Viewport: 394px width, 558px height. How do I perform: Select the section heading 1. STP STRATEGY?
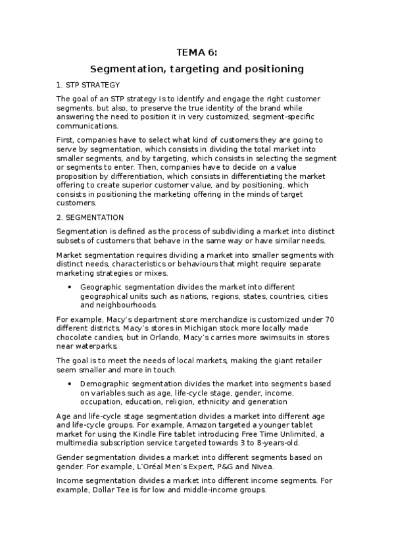click(x=87, y=86)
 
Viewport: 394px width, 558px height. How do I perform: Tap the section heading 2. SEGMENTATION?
click(x=90, y=216)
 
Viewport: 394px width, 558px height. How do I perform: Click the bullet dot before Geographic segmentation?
click(x=70, y=287)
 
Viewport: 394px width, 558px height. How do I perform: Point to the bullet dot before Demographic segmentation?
click(x=70, y=383)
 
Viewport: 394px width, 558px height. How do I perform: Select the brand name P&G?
click(x=253, y=466)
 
